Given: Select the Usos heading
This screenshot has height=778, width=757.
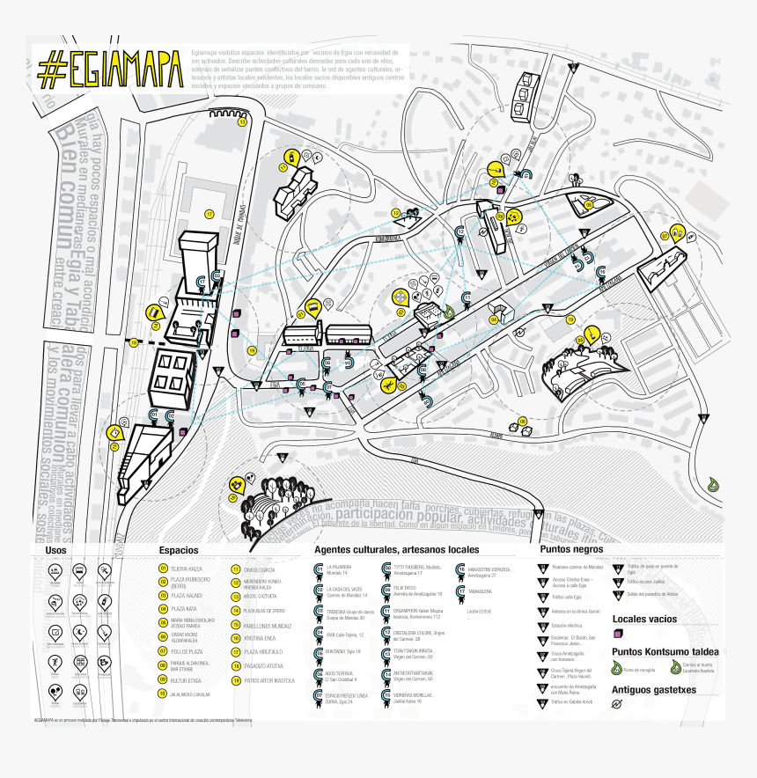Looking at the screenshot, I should click(x=56, y=550).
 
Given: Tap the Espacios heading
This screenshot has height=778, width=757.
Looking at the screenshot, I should click(x=179, y=550).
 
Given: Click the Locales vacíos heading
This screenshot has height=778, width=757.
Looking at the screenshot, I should click(x=644, y=620).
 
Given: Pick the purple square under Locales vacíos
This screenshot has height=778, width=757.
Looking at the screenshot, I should click(x=619, y=634).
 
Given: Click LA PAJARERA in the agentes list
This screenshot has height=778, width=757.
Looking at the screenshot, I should click(x=338, y=567).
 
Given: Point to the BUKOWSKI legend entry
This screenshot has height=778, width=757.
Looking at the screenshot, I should click(x=336, y=651).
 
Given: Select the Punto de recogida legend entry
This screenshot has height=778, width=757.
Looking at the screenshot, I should click(x=636, y=670).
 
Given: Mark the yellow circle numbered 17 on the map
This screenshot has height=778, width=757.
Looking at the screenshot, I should click(x=209, y=214).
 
